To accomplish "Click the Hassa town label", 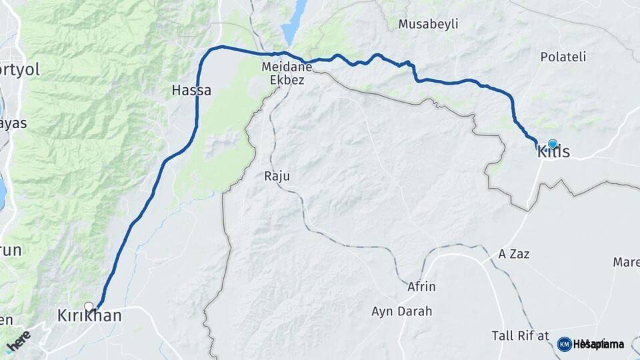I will point(191,90).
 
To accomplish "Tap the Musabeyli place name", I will point(428,25).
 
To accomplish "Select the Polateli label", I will point(563,57).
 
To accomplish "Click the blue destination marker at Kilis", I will point(552,143).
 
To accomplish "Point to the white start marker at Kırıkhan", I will point(89,307).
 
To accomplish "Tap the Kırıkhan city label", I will point(90,316).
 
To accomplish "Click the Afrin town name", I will point(421,287).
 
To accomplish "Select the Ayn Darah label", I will point(402,311).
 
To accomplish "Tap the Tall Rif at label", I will point(520,335).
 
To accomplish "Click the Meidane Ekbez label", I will point(283,73).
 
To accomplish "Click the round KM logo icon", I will point(564,344).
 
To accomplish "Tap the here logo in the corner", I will point(19,343).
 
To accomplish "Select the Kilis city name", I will point(554,153).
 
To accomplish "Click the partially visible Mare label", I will point(626,262).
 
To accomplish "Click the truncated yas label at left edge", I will point(13,123).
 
